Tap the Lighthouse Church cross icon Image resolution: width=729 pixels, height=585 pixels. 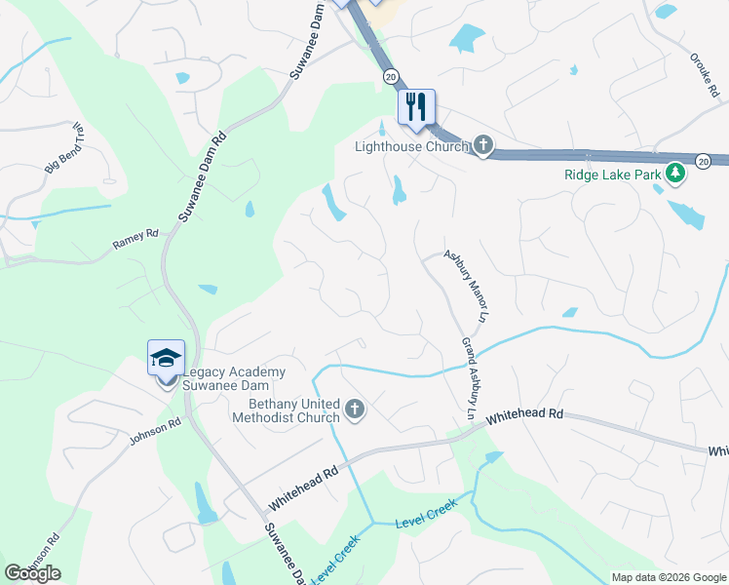click(x=482, y=147)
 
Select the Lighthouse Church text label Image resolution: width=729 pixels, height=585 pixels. click(x=411, y=147)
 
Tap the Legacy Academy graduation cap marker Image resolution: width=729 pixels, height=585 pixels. click(x=166, y=359)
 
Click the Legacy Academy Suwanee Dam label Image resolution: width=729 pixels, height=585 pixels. click(x=232, y=379)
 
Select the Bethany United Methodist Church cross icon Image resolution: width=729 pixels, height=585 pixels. click(x=355, y=410)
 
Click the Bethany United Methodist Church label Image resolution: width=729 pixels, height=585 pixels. click(x=286, y=410)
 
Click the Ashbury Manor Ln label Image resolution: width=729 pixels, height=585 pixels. click(x=465, y=286)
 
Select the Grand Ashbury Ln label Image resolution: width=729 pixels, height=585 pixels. click(x=470, y=379)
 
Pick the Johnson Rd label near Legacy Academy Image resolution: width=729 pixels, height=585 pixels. click(x=155, y=432)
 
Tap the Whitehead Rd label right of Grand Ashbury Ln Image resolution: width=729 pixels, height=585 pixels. click(x=525, y=414)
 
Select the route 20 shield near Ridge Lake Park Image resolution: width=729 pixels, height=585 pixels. click(x=703, y=161)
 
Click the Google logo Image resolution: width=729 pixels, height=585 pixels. click(x=32, y=573)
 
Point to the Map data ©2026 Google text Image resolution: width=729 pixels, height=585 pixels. click(x=669, y=577)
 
